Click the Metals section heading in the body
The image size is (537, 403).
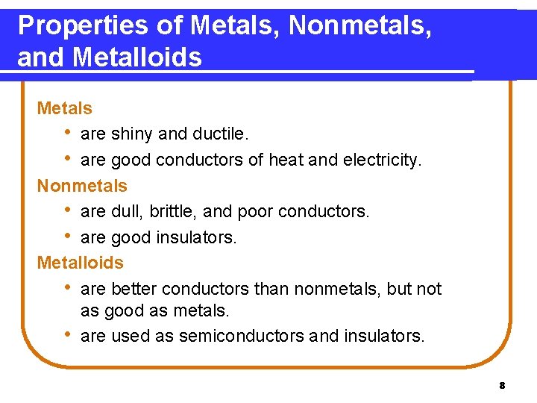tap(65, 108)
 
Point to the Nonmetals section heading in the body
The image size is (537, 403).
tap(82, 185)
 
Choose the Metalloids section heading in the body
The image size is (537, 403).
tap(81, 263)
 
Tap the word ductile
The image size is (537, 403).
tap(219, 134)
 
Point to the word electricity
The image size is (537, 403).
tap(382, 160)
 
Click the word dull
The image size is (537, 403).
tap(126, 211)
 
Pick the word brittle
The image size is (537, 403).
tap(172, 211)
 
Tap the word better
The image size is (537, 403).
tap(134, 289)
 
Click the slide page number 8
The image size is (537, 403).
tap(502, 386)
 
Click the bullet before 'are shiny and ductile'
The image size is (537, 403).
tap(68, 134)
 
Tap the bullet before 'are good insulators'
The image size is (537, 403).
tap(68, 237)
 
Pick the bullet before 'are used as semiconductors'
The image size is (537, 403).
tap(68, 335)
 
